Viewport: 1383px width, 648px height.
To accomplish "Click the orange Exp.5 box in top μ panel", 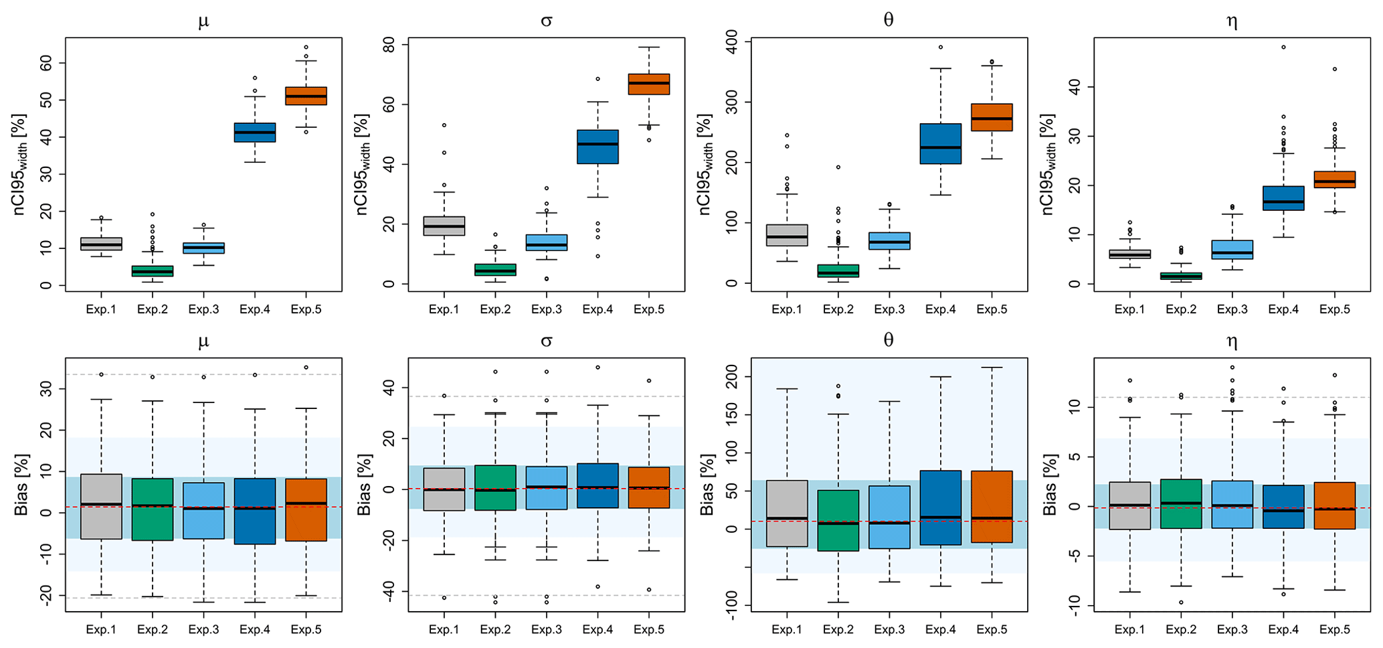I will (x=306, y=96).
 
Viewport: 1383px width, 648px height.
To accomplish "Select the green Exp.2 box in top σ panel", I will (x=495, y=270).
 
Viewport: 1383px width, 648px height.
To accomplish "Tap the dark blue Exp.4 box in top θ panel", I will (x=940, y=143).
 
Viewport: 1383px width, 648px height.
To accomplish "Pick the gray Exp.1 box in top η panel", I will (x=1129, y=254).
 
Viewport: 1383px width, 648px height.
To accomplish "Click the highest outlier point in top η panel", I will (x=1283, y=48).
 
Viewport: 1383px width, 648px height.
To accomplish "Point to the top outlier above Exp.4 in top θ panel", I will (x=940, y=48).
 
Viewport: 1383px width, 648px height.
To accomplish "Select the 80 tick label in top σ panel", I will (x=387, y=44).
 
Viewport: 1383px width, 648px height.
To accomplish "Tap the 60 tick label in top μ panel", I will (x=45, y=63).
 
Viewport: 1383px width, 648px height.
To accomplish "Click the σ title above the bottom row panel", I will (x=546, y=341).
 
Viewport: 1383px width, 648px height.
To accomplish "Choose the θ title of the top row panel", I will (x=889, y=20).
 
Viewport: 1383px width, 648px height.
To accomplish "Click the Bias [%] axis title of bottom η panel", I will (x=1050, y=485).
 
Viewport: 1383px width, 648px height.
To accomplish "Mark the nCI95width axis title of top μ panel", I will (x=21, y=164).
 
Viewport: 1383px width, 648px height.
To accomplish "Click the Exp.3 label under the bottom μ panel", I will (x=203, y=630).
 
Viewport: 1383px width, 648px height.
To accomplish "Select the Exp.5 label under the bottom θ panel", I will (x=992, y=630).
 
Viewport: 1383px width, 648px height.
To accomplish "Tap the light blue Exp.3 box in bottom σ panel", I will (x=546, y=488).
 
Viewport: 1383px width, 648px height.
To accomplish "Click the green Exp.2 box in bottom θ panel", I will (x=838, y=520).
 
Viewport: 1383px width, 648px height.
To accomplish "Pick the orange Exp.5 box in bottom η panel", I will (x=1334, y=505).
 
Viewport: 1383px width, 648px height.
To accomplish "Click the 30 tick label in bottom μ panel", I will (x=45, y=389).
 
